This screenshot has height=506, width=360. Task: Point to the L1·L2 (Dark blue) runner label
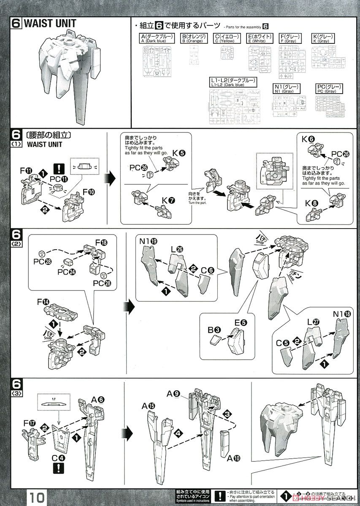point(233,82)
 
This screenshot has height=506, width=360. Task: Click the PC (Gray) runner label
point(328,89)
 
